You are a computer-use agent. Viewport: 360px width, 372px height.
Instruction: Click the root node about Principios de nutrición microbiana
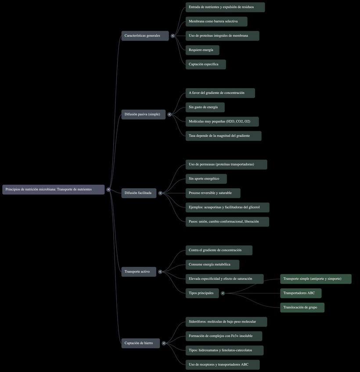coord(53,190)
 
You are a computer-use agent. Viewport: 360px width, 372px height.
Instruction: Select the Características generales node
coord(145,36)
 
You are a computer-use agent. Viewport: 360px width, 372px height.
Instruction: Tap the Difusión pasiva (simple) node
coord(143,114)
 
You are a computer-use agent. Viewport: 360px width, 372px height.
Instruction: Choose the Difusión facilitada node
coord(139,193)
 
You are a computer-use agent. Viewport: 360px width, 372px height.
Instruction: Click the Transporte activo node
coord(138,272)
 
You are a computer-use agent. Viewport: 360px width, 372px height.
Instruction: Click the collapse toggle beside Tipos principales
coord(223,293)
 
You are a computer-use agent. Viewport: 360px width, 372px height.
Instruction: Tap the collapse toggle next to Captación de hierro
coord(164,343)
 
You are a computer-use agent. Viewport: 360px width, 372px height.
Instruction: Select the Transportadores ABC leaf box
coord(301,293)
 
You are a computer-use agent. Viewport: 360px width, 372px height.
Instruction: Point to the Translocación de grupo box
coord(302,308)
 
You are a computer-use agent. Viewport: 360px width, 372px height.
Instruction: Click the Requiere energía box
coord(202,50)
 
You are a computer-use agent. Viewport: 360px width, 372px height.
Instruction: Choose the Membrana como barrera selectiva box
coord(216,21)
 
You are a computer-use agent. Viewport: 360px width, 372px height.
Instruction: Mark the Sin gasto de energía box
coord(205,107)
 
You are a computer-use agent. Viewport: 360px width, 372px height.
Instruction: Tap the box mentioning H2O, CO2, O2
coord(222,122)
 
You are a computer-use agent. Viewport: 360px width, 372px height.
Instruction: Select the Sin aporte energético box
coord(206,179)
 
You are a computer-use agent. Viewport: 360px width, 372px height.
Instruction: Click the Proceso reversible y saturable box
coord(212,193)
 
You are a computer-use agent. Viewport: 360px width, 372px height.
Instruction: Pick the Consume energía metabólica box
coord(212,265)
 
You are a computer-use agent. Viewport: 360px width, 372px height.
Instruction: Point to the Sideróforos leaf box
coord(226,322)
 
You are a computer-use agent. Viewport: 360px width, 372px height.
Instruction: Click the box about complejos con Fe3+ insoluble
coord(223,336)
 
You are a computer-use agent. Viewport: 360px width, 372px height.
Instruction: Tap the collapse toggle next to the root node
coord(108,190)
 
